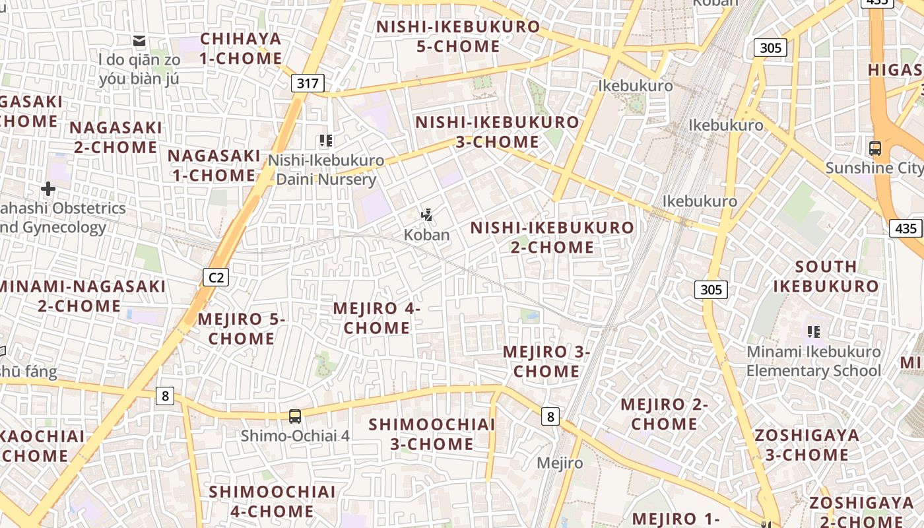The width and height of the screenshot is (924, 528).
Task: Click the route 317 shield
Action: click(308, 83)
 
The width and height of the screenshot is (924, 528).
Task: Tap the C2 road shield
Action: click(216, 277)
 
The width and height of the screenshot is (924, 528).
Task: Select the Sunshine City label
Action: click(874, 168)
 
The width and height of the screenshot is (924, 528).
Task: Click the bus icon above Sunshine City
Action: click(875, 148)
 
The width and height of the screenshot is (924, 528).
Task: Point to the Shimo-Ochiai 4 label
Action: click(295, 436)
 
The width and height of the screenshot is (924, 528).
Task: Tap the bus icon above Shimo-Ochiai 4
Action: click(295, 416)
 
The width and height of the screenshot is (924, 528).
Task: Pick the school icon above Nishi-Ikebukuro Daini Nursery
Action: click(325, 141)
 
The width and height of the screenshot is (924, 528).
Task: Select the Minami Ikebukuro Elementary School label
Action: click(813, 361)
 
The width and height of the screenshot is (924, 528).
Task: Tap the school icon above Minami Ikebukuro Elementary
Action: click(814, 331)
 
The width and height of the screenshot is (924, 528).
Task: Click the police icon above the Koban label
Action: click(427, 215)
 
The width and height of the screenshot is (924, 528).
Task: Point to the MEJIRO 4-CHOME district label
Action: click(377, 317)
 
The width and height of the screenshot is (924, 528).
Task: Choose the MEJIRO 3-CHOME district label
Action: click(546, 361)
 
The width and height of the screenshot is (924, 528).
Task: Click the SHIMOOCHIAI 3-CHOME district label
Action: click(432, 434)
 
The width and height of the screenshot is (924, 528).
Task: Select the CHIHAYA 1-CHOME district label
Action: click(241, 48)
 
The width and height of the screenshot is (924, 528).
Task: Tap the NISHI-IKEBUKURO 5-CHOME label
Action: click(458, 36)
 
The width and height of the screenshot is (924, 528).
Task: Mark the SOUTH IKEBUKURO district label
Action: click(826, 276)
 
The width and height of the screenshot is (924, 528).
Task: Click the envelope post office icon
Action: click(139, 41)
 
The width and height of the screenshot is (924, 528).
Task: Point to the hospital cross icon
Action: click(48, 189)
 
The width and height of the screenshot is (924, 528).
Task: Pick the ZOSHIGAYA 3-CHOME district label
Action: click(807, 445)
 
